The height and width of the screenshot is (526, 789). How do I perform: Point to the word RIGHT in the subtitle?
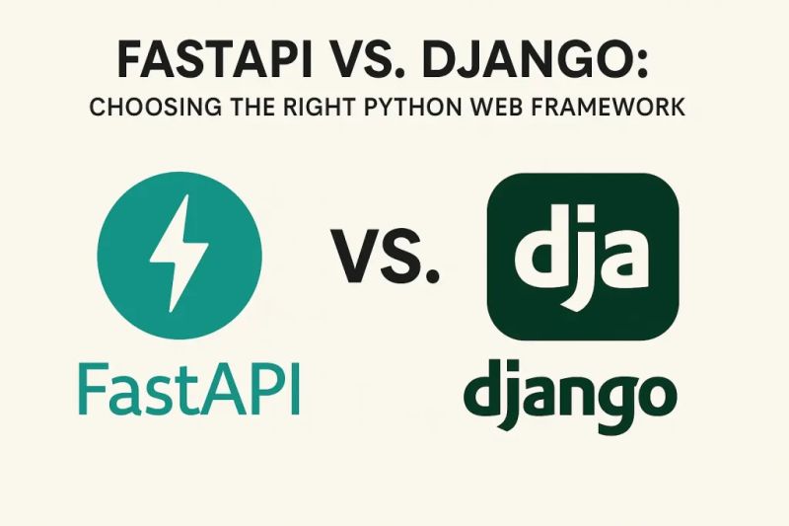coord(313,107)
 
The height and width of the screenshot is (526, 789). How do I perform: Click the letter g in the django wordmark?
coord(606,400)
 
